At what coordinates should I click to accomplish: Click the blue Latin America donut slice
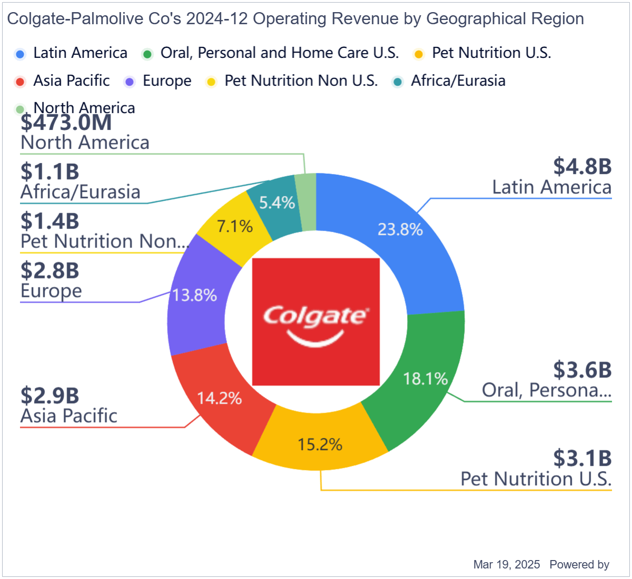pos(400,229)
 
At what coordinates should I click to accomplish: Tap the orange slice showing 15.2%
pos(320,445)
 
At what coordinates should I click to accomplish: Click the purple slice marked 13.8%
pos(195,295)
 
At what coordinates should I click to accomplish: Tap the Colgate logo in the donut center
pos(316,322)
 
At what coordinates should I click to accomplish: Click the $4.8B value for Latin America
pos(582,166)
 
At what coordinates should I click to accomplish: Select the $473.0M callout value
pos(66,123)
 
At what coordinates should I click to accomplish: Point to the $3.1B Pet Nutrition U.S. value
pos(582,458)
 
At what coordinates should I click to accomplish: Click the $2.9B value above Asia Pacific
pos(50,395)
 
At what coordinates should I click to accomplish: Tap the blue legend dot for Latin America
pos(21,54)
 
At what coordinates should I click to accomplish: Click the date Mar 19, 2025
pos(507,565)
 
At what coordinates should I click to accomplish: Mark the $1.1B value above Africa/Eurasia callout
pos(50,172)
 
